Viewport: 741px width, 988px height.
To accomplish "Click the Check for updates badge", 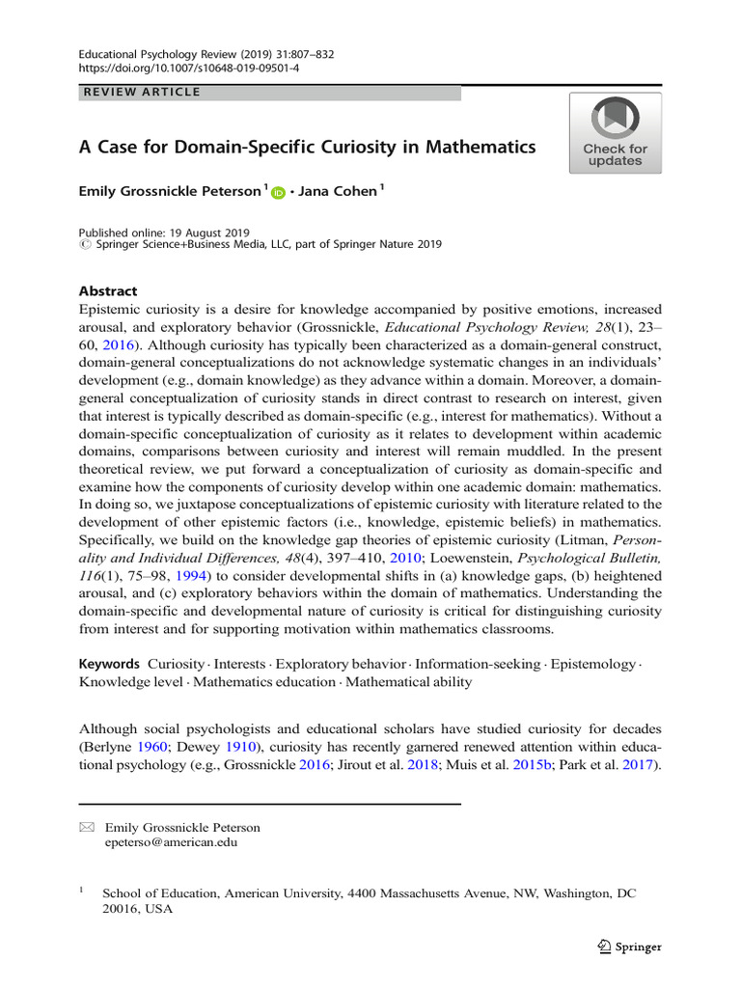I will pos(615,133).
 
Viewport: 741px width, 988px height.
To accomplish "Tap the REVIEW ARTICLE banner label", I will pos(143,93).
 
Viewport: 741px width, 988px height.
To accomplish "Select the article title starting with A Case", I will pos(307,148).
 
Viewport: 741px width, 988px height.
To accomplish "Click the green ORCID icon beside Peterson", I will pos(279,193).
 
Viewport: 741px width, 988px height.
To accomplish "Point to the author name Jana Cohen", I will pos(339,192).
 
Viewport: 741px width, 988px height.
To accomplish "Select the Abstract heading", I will pos(107,291).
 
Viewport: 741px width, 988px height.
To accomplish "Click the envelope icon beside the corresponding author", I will pos(87,827).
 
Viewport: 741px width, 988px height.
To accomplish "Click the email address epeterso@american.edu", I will pos(171,841).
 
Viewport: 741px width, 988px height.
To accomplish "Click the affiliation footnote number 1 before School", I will pos(82,892).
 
